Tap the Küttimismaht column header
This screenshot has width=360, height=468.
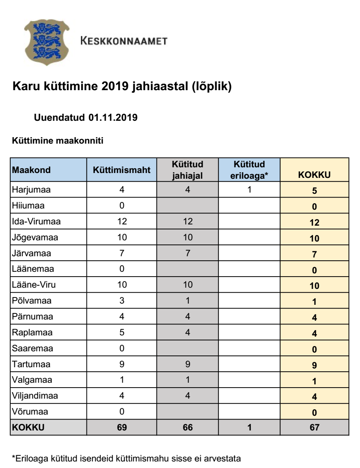pos(121,170)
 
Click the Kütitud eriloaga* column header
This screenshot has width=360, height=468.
pos(249,170)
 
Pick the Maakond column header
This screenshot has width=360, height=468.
pos(31,170)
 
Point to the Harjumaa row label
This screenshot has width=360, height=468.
pos(29,190)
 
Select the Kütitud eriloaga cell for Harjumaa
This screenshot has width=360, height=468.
pos(249,190)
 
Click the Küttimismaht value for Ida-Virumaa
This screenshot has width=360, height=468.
pos(121,222)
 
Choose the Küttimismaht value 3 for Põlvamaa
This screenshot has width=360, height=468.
pos(121,301)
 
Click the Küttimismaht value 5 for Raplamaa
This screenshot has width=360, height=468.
pos(121,333)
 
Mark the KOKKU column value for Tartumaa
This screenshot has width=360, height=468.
pos(314,365)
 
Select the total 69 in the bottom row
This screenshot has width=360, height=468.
pos(121,428)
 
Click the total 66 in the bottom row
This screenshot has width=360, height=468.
pos(188,428)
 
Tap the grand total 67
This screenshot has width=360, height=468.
pos(314,428)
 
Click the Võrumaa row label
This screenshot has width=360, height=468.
pos(29,412)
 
